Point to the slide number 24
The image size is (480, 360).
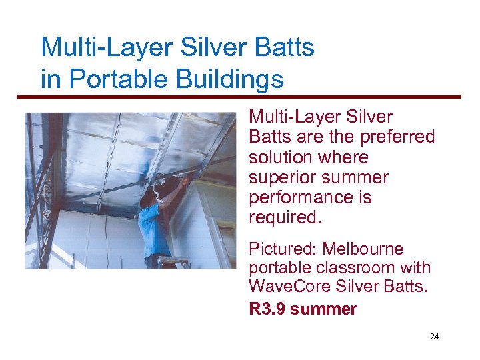[x=435, y=337]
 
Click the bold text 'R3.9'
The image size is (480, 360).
[x=267, y=309]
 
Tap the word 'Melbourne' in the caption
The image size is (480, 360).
[x=363, y=249]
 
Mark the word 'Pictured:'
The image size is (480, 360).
[x=283, y=249]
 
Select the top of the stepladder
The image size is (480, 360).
[x=175, y=259]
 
